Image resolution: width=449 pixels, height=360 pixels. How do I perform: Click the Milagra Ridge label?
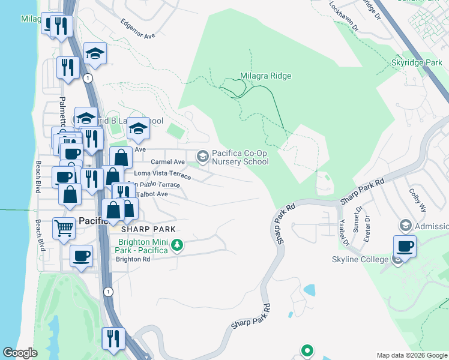pos(265,76)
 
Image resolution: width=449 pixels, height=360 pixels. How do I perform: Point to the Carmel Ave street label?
pos(167,162)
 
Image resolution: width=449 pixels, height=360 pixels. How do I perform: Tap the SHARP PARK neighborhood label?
pos(148,229)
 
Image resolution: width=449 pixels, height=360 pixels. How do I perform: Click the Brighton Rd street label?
pos(133,259)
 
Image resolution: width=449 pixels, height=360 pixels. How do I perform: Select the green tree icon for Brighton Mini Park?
pos(177,245)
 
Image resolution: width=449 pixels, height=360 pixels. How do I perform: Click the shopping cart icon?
pos(64,227)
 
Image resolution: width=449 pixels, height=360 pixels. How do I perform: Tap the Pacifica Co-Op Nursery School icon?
pos(203,157)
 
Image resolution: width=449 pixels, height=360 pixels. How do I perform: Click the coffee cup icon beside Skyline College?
pos(405,245)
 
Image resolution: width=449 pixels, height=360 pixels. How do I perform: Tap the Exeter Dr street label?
pos(367,229)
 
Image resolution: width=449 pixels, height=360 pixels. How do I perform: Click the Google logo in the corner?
pos(20,353)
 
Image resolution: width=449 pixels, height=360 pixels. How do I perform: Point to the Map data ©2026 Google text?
pos(411,355)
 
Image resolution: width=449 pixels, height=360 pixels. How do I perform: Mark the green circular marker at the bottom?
pos(307,350)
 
